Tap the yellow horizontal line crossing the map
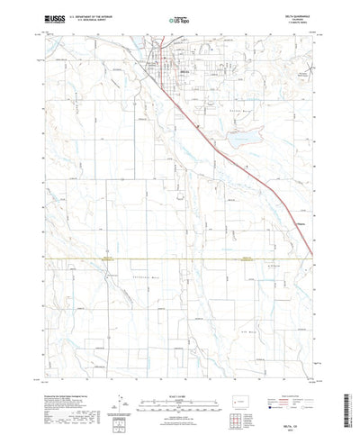click(x=180, y=258)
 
